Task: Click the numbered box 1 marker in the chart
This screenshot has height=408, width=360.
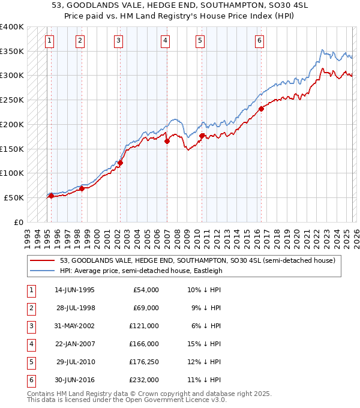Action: tap(49, 41)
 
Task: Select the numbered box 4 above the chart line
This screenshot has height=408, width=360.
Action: tap(164, 41)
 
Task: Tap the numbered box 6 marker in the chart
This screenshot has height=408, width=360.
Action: tap(259, 41)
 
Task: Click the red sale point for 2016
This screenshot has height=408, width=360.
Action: tap(262, 109)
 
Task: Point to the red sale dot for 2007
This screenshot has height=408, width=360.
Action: tap(167, 141)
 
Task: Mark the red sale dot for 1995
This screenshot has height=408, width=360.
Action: tap(52, 196)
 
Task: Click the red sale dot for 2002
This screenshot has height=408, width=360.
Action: tap(121, 163)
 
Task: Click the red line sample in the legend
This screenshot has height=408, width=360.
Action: tap(42, 260)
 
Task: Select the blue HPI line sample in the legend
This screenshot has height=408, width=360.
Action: tap(42, 271)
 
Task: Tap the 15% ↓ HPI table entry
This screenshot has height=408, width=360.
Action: tap(204, 344)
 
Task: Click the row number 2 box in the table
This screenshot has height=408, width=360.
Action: tap(30, 308)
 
